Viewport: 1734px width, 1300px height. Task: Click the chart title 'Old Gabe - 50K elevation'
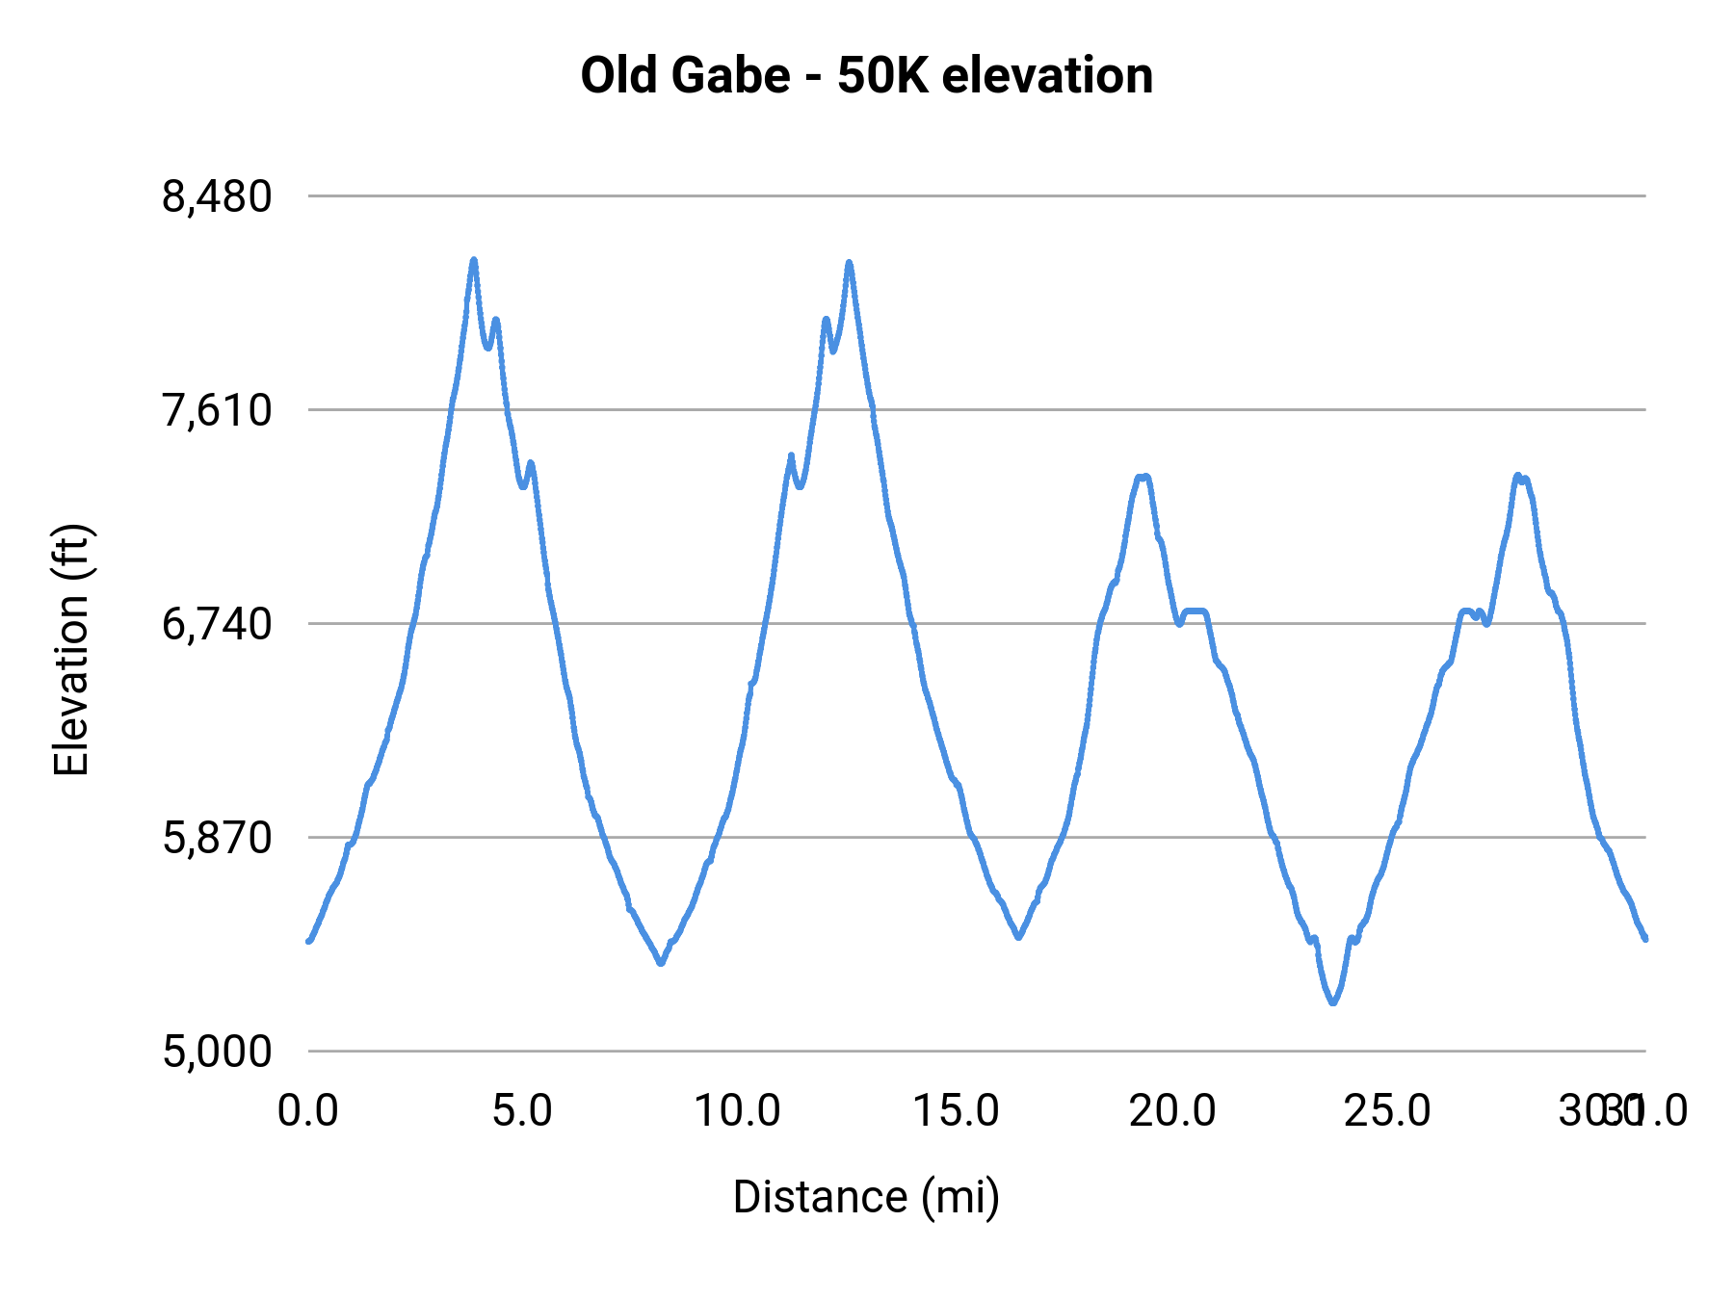[866, 75]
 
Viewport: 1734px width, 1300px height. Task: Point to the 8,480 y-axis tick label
[217, 197]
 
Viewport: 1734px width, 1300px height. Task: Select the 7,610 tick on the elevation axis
[217, 411]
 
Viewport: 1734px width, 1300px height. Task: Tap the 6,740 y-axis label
[217, 625]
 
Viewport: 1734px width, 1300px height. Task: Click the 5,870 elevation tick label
[217, 839]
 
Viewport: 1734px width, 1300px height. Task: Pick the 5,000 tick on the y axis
[217, 1052]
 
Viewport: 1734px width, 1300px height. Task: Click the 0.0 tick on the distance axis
[308, 1111]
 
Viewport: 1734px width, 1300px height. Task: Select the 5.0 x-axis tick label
[522, 1111]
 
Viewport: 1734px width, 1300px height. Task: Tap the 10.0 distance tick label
[738, 1111]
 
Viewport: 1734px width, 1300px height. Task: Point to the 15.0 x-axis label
[956, 1111]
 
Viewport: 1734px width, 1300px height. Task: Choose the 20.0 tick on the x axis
[1172, 1111]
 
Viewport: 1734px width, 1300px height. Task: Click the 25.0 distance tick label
[1387, 1111]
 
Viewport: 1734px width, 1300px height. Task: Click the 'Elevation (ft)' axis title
[71, 650]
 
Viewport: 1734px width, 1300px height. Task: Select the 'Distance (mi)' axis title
[866, 1197]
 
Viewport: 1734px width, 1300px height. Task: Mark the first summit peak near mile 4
[474, 260]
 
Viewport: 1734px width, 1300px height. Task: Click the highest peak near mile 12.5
[849, 262]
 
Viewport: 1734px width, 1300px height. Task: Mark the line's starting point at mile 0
[308, 941]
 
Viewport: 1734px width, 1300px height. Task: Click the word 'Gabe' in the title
[731, 75]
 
